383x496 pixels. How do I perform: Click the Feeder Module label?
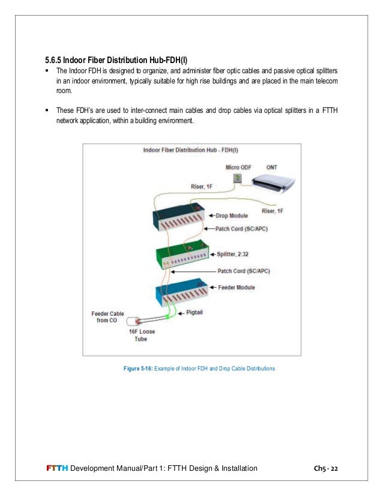[236, 287]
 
